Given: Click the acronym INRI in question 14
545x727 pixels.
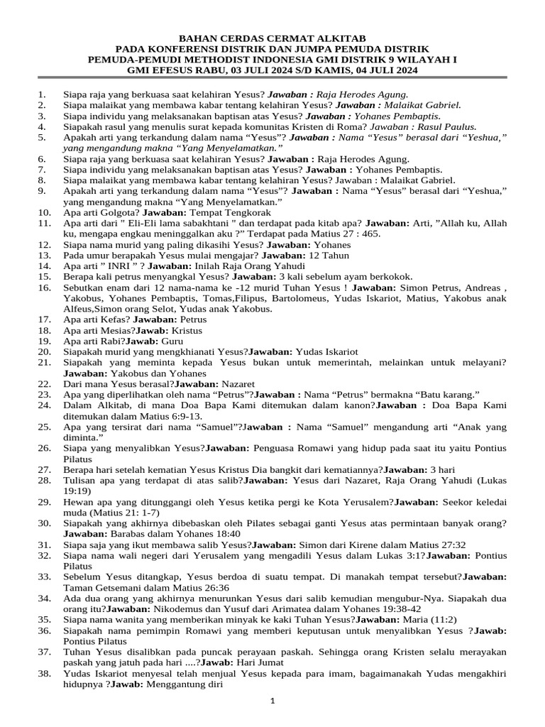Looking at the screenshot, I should coord(109,265).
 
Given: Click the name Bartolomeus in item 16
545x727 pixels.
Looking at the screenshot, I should coord(281,298).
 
